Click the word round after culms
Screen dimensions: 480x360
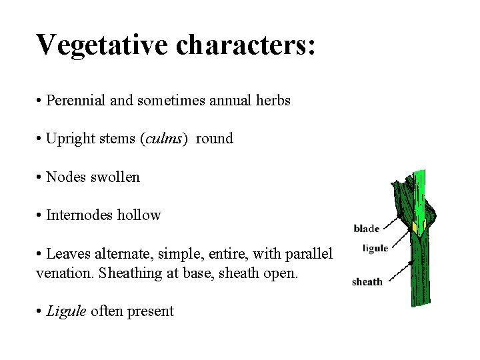[x=214, y=139]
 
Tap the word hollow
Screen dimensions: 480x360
[x=140, y=215]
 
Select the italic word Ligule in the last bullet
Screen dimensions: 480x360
[x=66, y=311]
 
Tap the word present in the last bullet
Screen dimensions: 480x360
[x=151, y=311]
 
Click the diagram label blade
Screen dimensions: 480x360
[x=366, y=229]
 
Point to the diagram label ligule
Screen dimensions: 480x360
[x=375, y=249]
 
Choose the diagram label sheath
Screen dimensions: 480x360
[x=367, y=281]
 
